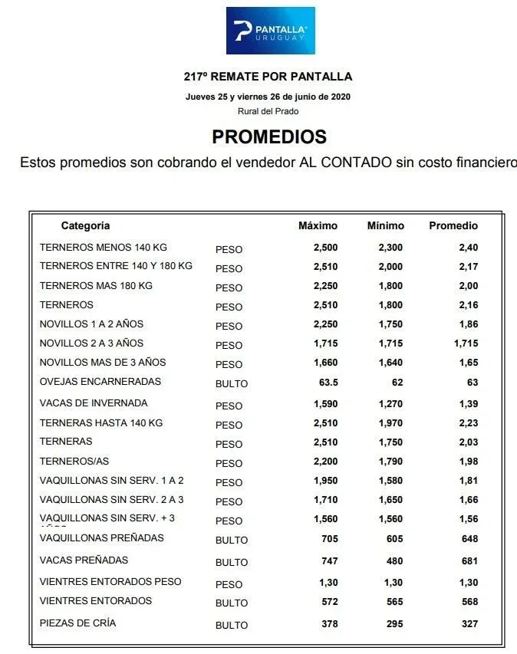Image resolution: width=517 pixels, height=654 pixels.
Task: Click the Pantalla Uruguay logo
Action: click(269, 31)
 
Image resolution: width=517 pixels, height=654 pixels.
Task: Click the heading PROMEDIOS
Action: click(268, 137)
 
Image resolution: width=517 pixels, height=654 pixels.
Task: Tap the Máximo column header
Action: click(318, 226)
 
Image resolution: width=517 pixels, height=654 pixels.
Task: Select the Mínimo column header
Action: click(385, 226)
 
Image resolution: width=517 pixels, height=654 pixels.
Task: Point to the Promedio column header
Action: click(453, 226)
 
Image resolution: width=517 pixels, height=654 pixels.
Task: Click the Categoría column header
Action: click(85, 226)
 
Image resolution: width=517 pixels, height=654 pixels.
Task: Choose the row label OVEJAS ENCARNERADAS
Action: click(100, 382)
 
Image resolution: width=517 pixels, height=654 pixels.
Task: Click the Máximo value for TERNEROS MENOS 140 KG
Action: click(325, 248)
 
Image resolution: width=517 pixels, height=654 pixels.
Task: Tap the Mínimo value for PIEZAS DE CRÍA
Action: click(394, 624)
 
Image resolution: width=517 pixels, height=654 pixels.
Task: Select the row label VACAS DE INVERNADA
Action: click(94, 403)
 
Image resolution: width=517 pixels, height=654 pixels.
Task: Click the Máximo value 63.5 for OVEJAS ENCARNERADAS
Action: click(327, 382)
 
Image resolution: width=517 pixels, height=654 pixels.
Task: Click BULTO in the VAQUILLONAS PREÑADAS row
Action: click(232, 541)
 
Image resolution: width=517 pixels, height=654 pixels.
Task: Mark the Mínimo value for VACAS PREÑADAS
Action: click(394, 561)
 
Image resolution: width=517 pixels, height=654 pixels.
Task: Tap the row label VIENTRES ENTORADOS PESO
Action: click(110, 582)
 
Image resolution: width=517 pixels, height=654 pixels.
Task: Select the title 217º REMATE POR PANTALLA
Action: click(268, 77)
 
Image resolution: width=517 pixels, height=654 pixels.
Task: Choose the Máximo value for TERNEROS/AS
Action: click(325, 462)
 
